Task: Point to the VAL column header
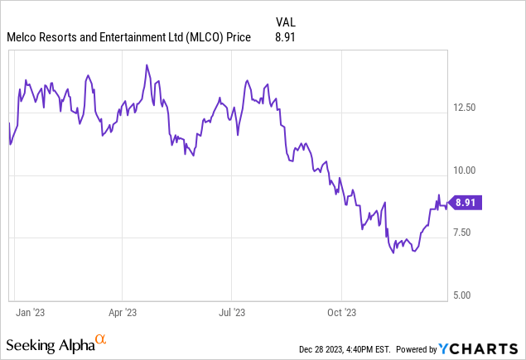(285, 22)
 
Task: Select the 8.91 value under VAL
(285, 37)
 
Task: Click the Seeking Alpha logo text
(49, 343)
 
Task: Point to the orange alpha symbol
(101, 339)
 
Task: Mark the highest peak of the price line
(146, 65)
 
